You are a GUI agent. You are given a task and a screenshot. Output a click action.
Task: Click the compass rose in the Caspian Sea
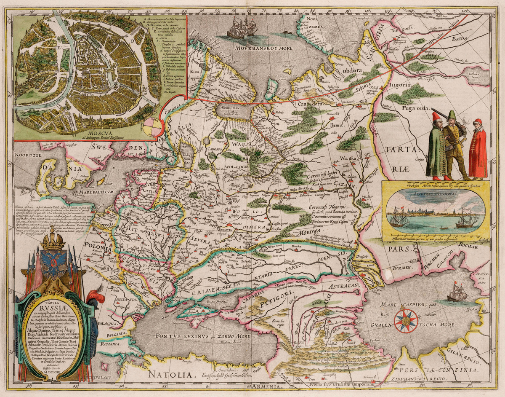[x=406, y=321]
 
